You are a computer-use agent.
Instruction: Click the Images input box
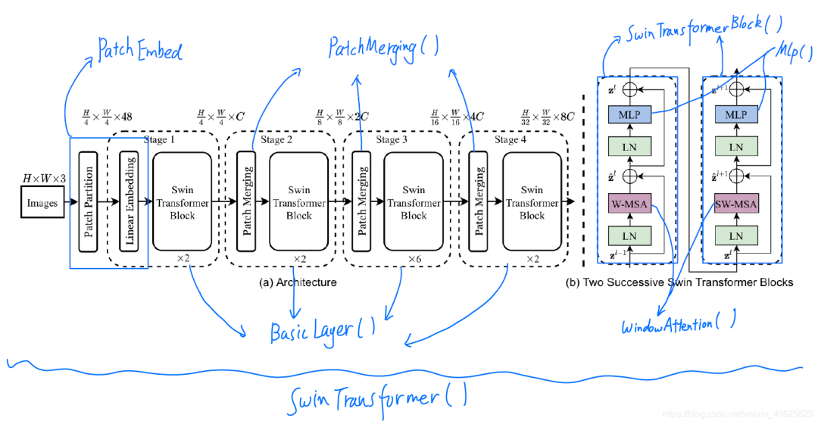coord(42,203)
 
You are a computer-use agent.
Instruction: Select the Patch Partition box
coord(89,201)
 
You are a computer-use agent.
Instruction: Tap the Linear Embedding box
coord(130,201)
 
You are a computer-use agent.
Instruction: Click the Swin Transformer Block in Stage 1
coord(182,201)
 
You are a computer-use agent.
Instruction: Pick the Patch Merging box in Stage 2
coord(246,201)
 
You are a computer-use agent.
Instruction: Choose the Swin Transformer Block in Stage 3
coord(414,201)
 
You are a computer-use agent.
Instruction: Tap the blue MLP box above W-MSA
coord(629,114)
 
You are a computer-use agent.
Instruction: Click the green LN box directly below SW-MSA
coord(736,236)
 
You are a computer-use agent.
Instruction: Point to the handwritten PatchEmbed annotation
coord(140,50)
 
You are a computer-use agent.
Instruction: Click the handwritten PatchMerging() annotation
coord(383,48)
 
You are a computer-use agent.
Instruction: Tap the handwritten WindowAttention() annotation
coord(678,326)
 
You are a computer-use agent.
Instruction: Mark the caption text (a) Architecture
coord(298,282)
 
